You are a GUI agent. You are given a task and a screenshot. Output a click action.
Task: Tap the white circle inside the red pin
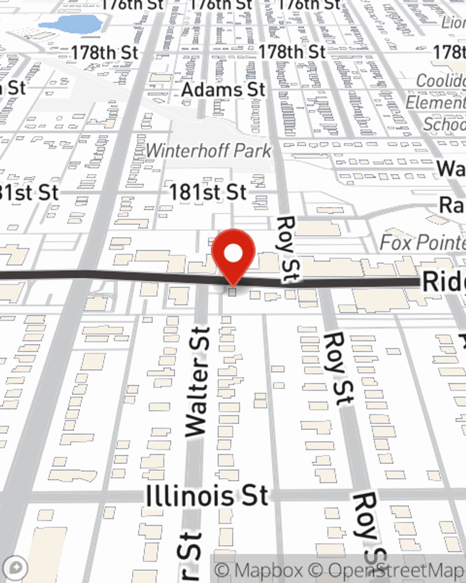(x=233, y=253)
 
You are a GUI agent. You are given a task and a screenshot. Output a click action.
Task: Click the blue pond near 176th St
(x=70, y=23)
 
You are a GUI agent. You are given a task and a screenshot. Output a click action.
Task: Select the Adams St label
(x=223, y=90)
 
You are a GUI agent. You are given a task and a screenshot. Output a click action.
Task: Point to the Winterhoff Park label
(x=208, y=151)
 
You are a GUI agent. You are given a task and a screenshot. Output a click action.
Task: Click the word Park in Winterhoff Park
(x=252, y=151)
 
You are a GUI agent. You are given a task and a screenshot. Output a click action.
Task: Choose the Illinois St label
(x=207, y=496)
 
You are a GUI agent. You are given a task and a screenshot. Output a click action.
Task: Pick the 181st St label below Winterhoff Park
(x=207, y=192)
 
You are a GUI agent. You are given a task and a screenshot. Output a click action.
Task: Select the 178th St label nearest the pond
(x=105, y=53)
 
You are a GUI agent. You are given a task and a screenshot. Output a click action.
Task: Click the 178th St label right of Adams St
(x=292, y=52)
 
